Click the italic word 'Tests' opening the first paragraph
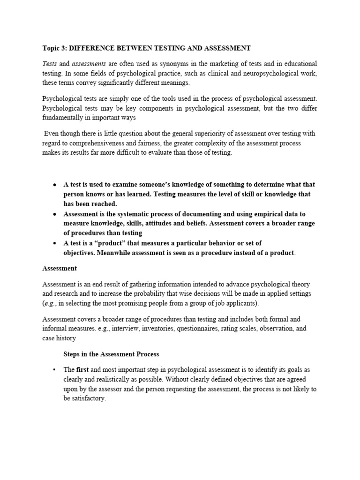[x=50, y=63]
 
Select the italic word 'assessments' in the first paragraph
[x=88, y=63]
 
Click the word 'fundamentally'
[x=63, y=118]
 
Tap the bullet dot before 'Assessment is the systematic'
[x=55, y=214]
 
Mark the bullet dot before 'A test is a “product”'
[x=55, y=243]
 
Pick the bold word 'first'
[x=82, y=370]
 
